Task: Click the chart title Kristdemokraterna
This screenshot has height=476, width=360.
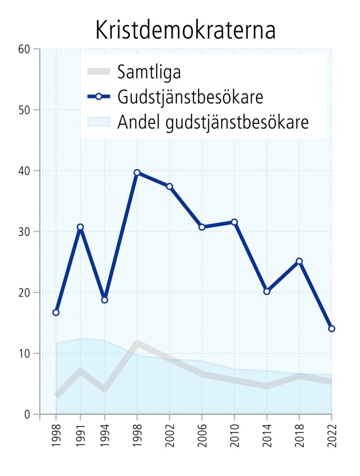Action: coord(185,30)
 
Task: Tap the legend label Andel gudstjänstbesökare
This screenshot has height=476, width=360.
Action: coord(213,122)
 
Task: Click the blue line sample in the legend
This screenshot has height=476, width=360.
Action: coord(98,97)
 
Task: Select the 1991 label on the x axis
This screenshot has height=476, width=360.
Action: coord(80,436)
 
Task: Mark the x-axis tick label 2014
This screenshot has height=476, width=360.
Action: coord(267,436)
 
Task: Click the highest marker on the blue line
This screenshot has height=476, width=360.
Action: coord(137,173)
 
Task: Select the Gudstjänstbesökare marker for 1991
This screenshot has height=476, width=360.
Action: coord(80,227)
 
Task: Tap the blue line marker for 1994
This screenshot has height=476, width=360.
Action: coord(105,300)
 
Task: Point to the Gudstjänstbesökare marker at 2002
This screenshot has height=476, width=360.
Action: coord(170,187)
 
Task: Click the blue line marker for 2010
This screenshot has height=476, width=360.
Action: coord(234,222)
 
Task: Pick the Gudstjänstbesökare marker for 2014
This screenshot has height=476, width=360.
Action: coord(267,291)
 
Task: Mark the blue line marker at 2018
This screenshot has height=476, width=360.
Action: coord(300,261)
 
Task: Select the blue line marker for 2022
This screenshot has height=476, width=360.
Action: coord(332,329)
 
